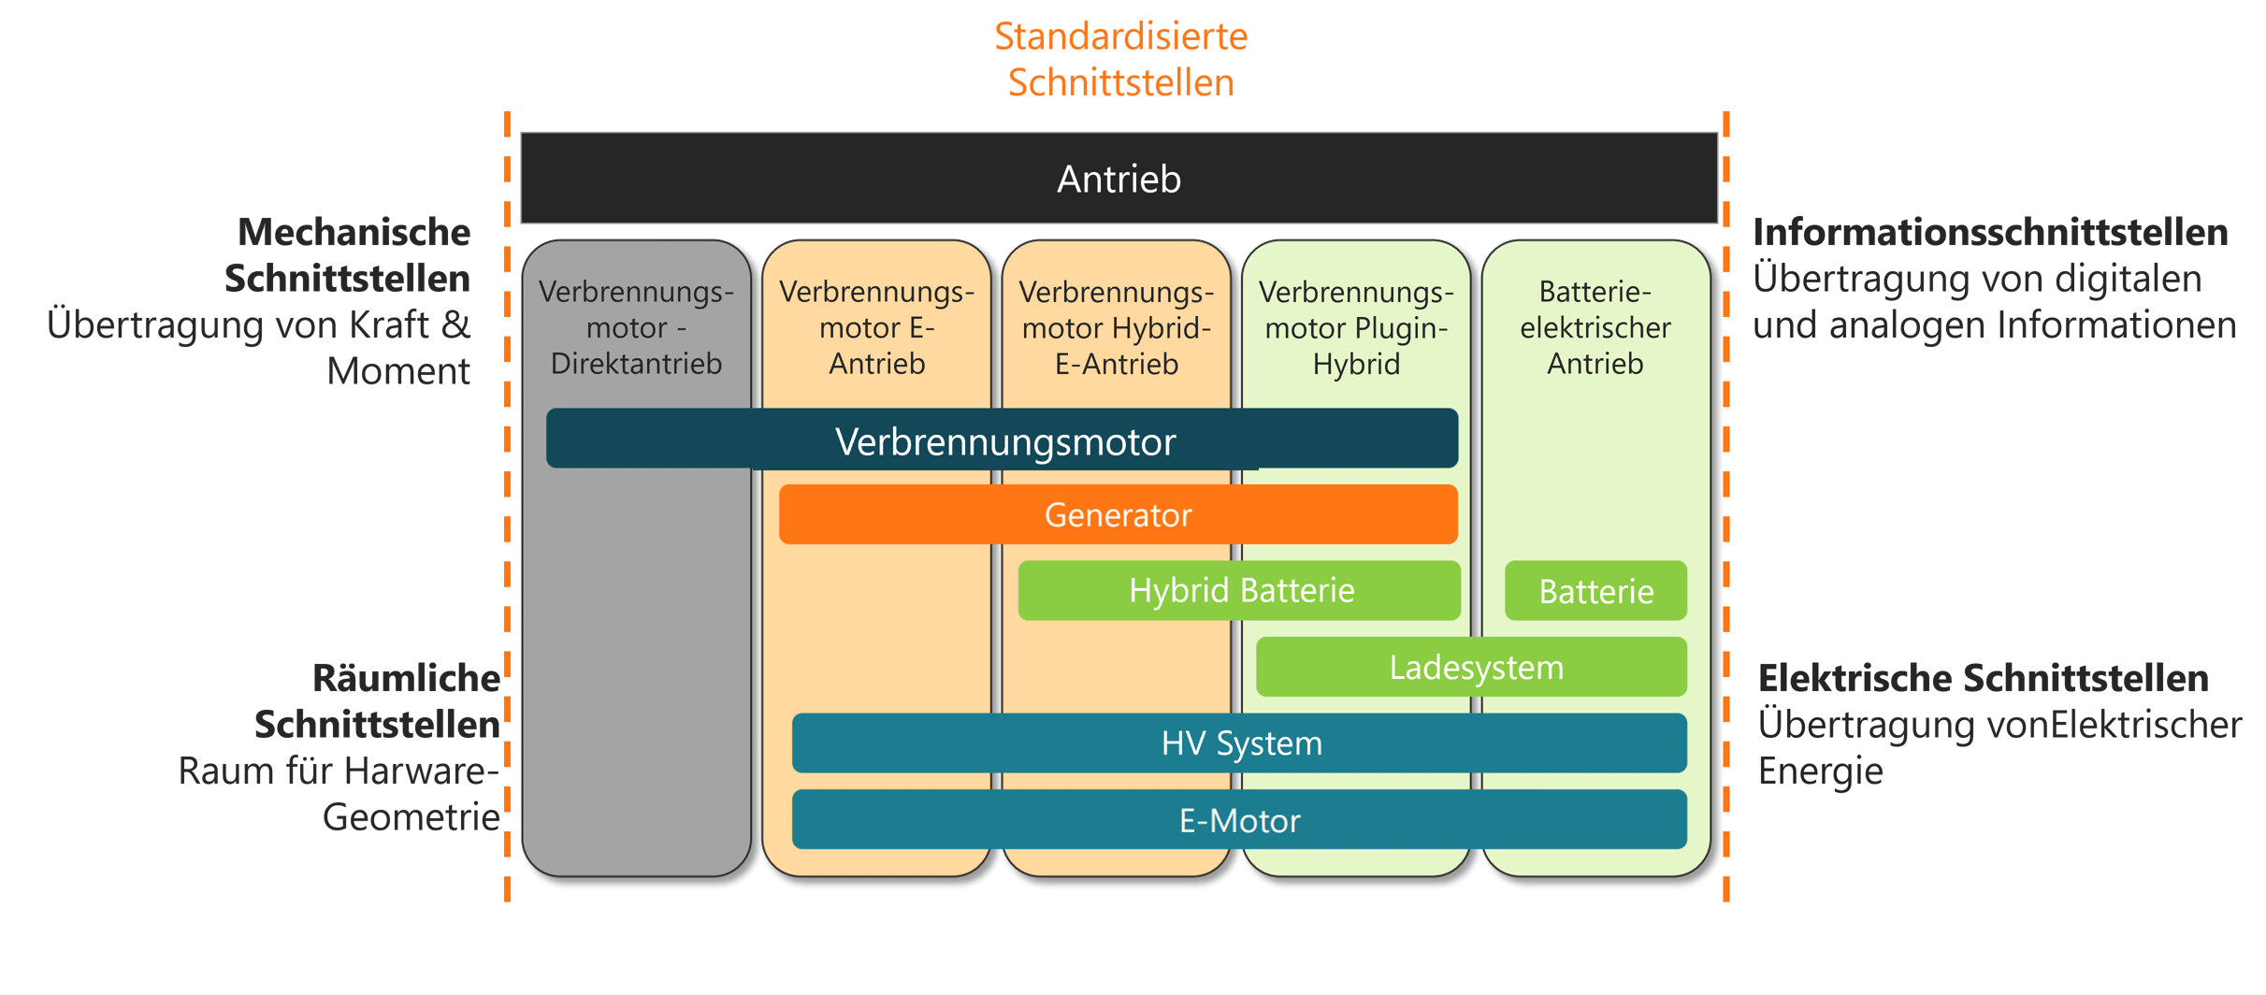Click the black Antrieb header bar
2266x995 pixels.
[1119, 179]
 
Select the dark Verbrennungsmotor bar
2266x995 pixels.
[1004, 440]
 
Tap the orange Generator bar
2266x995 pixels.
[1118, 514]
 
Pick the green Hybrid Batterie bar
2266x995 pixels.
[1240, 590]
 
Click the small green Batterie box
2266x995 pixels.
[1595, 591]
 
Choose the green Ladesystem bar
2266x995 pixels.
[1475, 668]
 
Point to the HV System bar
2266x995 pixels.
[1240, 743]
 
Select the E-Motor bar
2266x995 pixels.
[1240, 820]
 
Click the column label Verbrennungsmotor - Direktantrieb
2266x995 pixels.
[636, 327]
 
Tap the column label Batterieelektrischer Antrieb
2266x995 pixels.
[1595, 327]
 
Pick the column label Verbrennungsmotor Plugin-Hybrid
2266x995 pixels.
[1356, 327]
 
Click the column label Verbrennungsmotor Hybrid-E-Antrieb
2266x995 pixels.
[1117, 327]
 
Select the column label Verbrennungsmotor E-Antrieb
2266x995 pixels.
[876, 327]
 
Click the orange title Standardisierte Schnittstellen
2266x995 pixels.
[1120, 60]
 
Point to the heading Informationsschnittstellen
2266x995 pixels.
[1989, 232]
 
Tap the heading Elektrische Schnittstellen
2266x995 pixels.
[1983, 678]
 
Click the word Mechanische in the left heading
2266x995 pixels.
[354, 232]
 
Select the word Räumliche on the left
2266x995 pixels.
[405, 678]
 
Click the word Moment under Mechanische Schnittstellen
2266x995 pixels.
[397, 371]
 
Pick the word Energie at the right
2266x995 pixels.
[1820, 771]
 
